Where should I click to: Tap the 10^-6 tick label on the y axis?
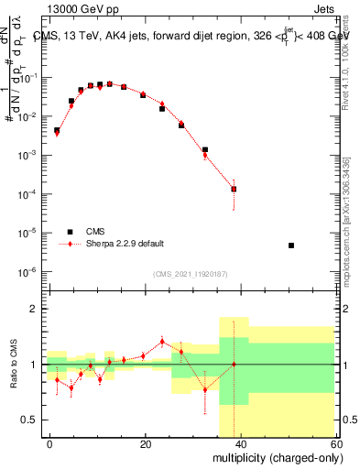pyautogui.click(x=31, y=272)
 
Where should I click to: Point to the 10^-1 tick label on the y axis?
pyautogui.click(x=31, y=79)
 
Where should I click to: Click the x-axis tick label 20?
pyautogui.click(x=145, y=443)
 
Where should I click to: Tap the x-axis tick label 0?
pyautogui.click(x=50, y=443)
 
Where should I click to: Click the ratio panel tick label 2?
pyautogui.click(x=38, y=310)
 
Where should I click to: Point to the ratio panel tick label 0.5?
pyautogui.click(x=35, y=420)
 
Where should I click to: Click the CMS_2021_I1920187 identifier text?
pyautogui.click(x=191, y=274)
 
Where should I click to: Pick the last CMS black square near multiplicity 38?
pyautogui.click(x=234, y=190)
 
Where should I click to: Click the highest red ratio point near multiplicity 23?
pyautogui.click(x=162, y=342)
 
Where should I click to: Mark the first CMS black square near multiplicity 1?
pyautogui.click(x=57, y=130)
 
